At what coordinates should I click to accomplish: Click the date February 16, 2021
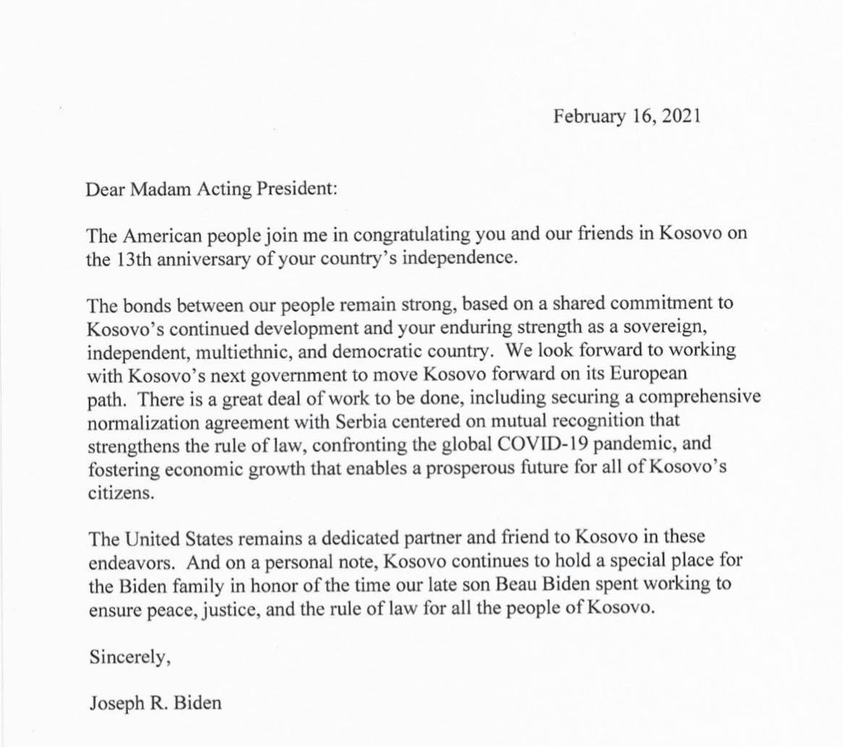[x=627, y=116]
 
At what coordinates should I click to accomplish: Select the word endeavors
[x=122, y=560]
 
